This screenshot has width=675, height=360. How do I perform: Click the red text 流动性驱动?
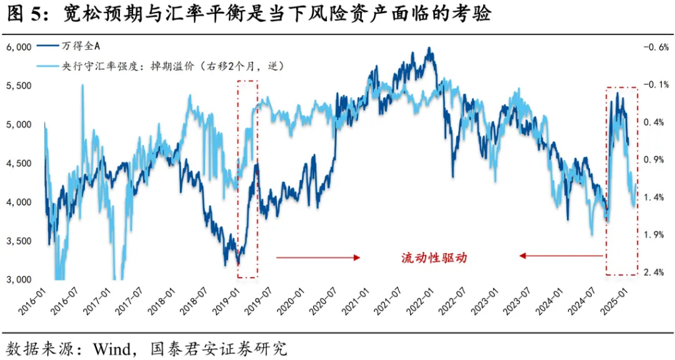434,258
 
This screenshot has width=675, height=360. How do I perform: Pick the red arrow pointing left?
560,256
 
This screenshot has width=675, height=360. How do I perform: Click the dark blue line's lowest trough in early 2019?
238,264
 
